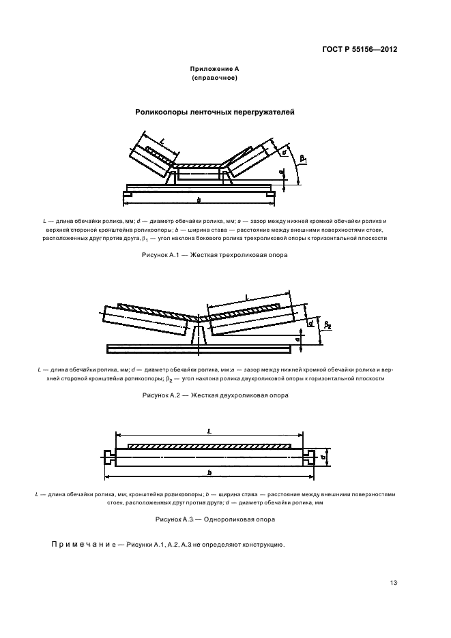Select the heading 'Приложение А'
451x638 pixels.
215,70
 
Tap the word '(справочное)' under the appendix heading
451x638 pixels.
215,79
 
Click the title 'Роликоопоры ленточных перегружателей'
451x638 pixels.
215,112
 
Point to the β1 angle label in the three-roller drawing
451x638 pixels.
303,160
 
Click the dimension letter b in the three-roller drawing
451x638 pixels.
199,199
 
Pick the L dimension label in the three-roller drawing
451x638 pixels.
162,141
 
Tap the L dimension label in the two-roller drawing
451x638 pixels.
246,297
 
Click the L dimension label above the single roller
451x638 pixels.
209,431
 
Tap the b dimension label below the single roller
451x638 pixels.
209,472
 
